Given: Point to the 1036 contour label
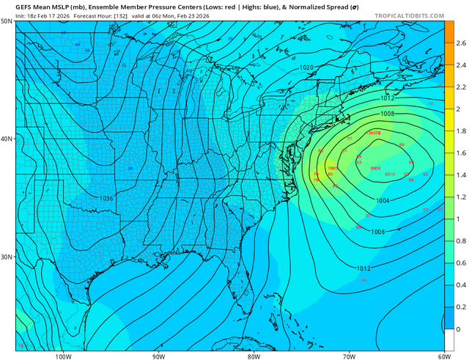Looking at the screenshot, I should (86, 198).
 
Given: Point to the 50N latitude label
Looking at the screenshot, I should (6, 22).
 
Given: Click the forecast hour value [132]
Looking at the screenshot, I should (121, 15).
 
